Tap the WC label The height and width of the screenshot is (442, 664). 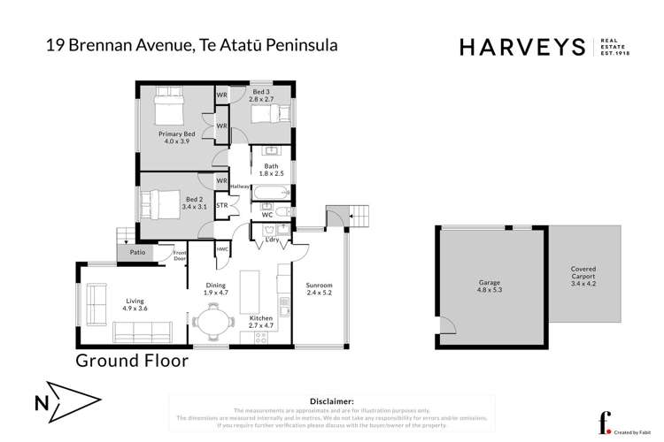[267, 215]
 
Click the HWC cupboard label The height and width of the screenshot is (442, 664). [221, 250]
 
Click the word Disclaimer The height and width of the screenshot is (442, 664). [331, 400]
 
